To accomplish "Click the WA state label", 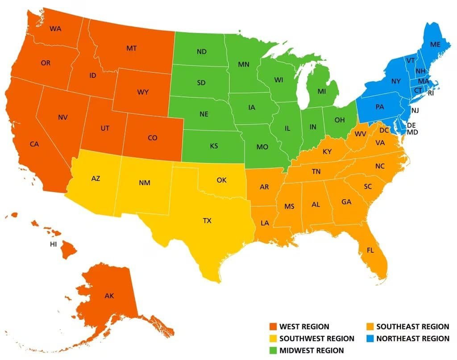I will pyautogui.click(x=55, y=29).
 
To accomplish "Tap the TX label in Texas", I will pyautogui.click(x=207, y=220).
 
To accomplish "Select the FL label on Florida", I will pyautogui.click(x=370, y=250).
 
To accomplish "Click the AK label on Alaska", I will pyautogui.click(x=109, y=296).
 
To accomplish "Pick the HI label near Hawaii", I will pyautogui.click(x=54, y=244).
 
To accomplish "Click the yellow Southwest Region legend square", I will pyautogui.click(x=273, y=339).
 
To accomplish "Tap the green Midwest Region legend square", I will pyautogui.click(x=273, y=350).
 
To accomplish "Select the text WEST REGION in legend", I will pyautogui.click(x=304, y=327).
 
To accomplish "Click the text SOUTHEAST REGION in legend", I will pyautogui.click(x=412, y=327).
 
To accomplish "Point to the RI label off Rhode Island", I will pyautogui.click(x=431, y=94).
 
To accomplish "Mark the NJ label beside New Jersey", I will pyautogui.click(x=415, y=110).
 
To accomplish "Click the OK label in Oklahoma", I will pyautogui.click(x=222, y=180).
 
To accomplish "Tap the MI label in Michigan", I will pyautogui.click(x=322, y=91).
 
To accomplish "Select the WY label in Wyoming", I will pyautogui.click(x=143, y=92).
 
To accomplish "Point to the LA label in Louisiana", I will pyautogui.click(x=265, y=222).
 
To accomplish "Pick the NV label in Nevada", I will pyautogui.click(x=62, y=117).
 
